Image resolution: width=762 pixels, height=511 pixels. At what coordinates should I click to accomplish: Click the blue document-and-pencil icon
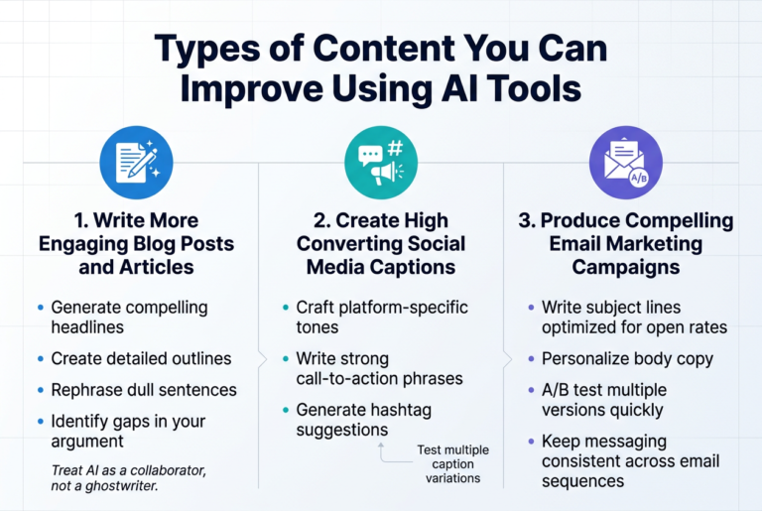[x=137, y=163]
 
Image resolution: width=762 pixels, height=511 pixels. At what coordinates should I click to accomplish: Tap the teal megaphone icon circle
[x=381, y=163]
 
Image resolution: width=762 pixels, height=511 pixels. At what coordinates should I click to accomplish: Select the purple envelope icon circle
[x=626, y=163]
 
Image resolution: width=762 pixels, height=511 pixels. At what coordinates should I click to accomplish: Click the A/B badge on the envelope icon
[x=639, y=178]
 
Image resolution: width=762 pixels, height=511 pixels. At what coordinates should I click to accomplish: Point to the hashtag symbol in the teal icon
[x=396, y=148]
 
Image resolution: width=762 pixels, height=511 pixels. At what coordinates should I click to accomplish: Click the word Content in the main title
[x=385, y=49]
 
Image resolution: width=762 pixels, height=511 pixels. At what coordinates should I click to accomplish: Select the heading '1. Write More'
[x=137, y=220]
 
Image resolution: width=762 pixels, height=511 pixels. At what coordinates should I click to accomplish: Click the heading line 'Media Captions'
[x=381, y=267]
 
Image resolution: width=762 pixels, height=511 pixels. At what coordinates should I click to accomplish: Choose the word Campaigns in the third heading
[x=626, y=267]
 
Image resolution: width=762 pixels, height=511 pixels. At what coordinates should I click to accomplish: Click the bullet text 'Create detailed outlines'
[x=142, y=358]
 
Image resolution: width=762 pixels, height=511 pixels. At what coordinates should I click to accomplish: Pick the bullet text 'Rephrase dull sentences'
[x=144, y=390]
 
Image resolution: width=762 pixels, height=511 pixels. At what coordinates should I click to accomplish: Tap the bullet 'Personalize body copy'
[x=627, y=359]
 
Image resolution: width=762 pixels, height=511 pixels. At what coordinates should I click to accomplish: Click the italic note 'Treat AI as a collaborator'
[x=129, y=470]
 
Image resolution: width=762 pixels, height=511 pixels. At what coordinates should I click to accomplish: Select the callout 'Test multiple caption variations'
[x=452, y=463]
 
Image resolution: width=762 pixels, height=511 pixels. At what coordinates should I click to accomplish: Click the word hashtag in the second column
[x=400, y=411]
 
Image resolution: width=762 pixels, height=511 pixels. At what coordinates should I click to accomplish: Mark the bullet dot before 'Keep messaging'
[x=531, y=442]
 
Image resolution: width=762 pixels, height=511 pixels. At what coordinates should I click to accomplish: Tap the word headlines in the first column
[x=87, y=327]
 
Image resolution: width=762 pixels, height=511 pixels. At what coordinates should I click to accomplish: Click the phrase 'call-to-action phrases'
[x=380, y=379]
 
